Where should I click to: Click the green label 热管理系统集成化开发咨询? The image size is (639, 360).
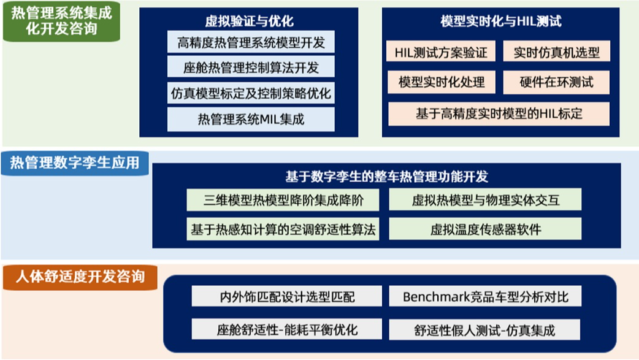point(61,21)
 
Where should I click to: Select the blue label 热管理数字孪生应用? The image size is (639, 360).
point(75,163)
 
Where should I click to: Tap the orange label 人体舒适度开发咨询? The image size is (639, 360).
point(80,277)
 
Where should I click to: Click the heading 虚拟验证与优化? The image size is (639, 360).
point(249,21)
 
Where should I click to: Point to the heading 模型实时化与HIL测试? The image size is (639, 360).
point(501,21)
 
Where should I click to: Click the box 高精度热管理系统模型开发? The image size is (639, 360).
point(251,42)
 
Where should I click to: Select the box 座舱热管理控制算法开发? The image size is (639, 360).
point(251,67)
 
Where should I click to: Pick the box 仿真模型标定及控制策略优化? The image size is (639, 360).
point(251,93)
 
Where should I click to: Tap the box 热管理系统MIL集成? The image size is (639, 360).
point(251,120)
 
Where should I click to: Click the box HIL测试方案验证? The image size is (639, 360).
point(441,52)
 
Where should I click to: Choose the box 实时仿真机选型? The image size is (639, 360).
point(557,52)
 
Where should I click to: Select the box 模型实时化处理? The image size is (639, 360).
point(442,82)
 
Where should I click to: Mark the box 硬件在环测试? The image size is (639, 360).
point(557,82)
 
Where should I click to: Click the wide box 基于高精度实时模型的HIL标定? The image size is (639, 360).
point(499,113)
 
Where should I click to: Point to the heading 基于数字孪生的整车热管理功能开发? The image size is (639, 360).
point(386,177)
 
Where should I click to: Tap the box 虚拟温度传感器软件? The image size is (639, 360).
point(485,229)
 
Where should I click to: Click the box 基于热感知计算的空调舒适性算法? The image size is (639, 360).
point(283,229)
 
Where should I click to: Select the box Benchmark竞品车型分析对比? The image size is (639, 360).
point(485,296)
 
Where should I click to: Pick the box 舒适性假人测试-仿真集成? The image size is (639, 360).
point(484,329)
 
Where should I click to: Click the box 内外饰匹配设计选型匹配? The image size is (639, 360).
point(287,296)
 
